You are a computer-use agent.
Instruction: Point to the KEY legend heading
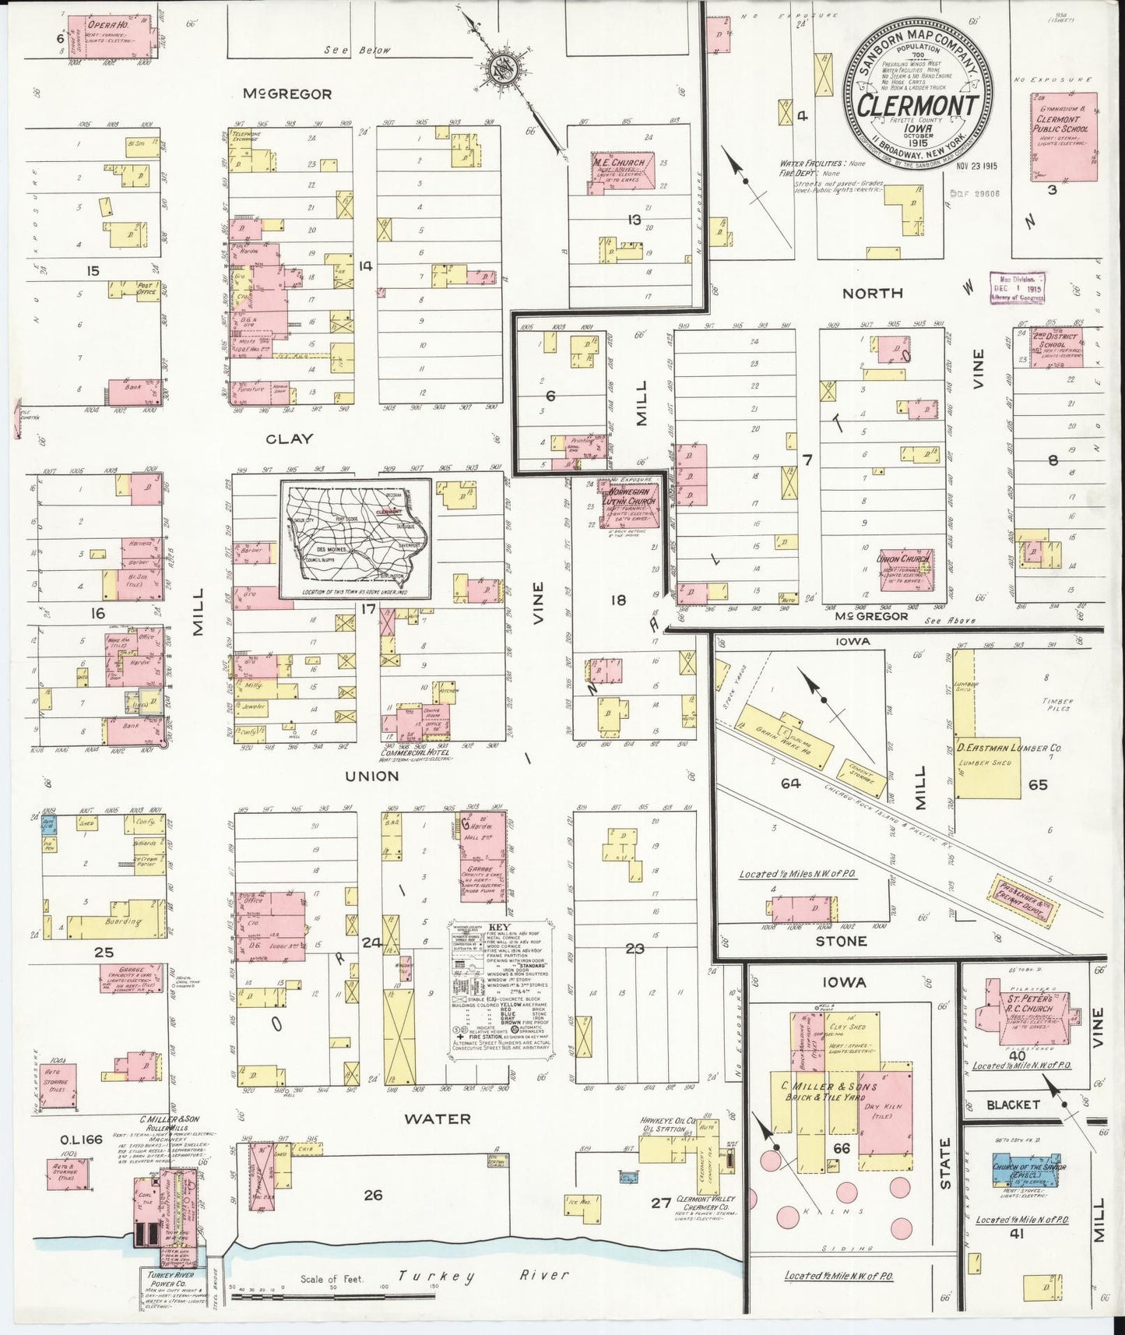pyautogui.click(x=499, y=927)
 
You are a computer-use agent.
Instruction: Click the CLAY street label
pyautogui.click(x=289, y=439)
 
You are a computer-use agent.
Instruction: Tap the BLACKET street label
pyautogui.click(x=1012, y=1104)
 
